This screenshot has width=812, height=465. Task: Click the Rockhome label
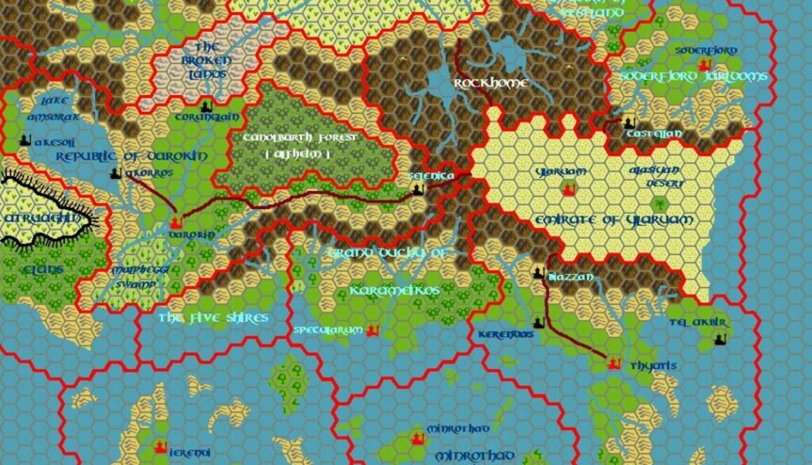[x=490, y=83]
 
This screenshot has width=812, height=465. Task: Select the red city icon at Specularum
[x=372, y=329]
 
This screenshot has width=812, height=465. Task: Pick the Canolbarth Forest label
[x=300, y=138]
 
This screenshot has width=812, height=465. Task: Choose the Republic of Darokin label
[x=132, y=156]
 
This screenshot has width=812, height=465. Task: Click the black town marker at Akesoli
[x=26, y=140]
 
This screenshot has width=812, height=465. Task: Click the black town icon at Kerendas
[x=538, y=322]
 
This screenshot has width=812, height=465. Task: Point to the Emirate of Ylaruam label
[x=614, y=220]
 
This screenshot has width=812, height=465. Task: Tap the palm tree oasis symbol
[x=659, y=204]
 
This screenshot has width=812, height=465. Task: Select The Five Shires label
[x=213, y=318]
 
